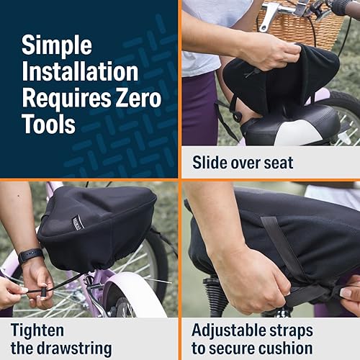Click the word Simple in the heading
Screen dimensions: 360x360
pyautogui.click(x=58, y=45)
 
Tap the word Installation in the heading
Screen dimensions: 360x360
pyautogui.click(x=79, y=71)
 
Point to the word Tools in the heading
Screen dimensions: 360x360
pyautogui.click(x=48, y=123)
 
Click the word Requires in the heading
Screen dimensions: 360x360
pyautogui.click(x=63, y=97)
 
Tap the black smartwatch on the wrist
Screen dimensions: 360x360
pyautogui.click(x=31, y=256)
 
